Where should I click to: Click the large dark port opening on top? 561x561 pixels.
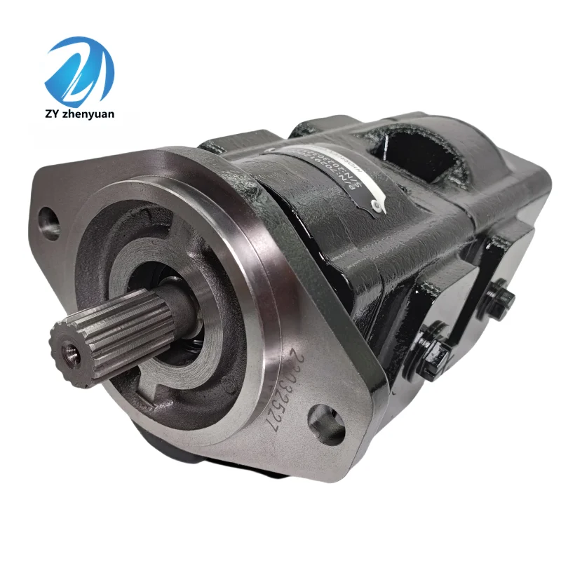pyautogui.click(x=414, y=147)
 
